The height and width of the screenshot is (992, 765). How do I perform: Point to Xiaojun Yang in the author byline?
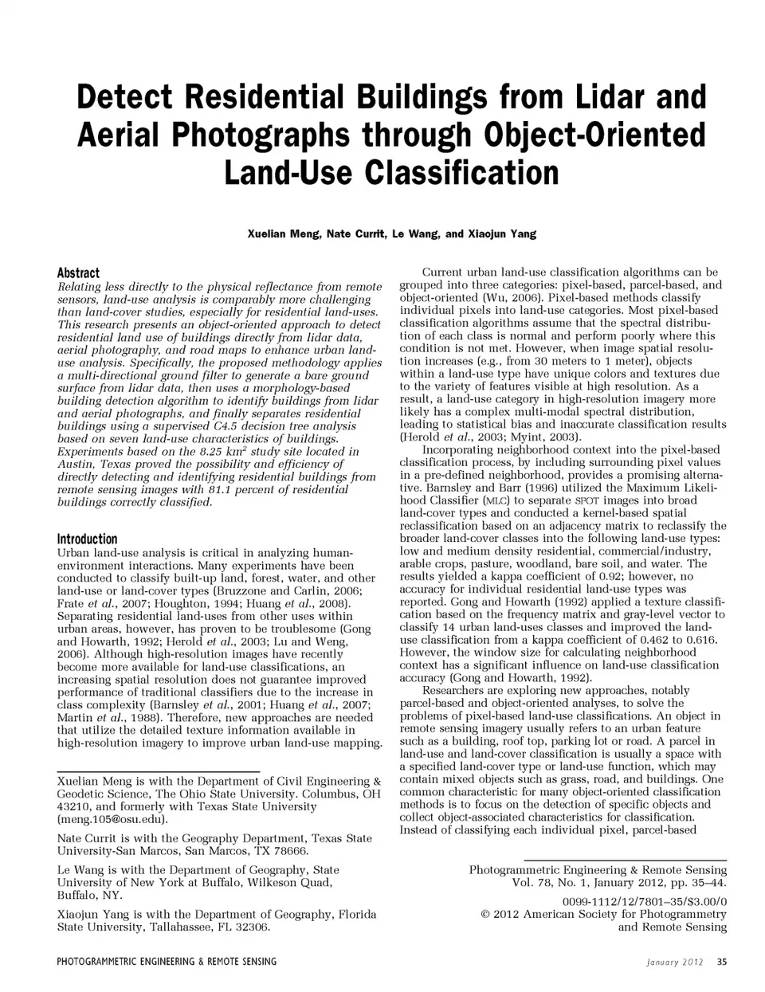pos(500,233)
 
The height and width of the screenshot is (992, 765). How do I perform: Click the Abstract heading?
pos(78,273)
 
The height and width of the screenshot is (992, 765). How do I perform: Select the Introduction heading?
pos(87,539)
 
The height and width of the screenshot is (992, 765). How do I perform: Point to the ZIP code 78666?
pos(290,850)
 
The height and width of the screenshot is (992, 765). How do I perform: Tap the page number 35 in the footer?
pos(722,961)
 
